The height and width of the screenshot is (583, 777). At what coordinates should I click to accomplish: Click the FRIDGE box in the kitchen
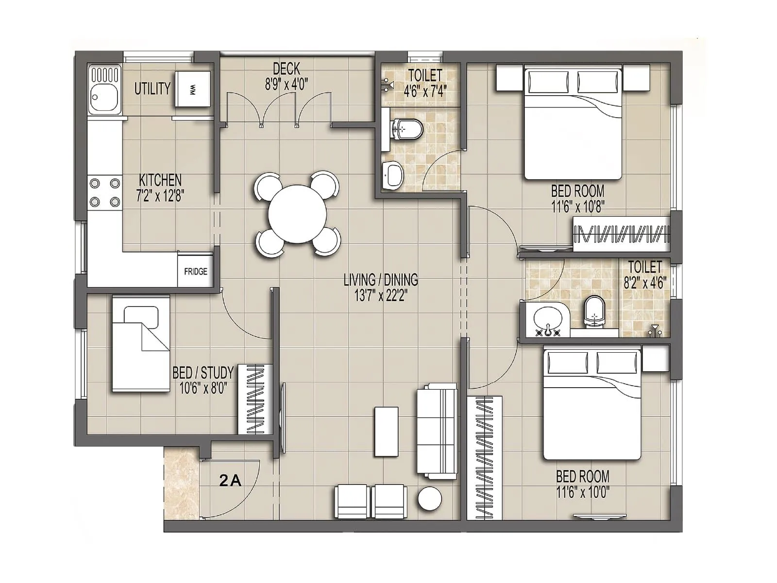click(195, 271)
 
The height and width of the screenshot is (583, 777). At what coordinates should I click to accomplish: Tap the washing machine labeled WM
click(193, 89)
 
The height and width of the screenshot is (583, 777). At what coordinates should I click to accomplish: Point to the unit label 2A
click(230, 481)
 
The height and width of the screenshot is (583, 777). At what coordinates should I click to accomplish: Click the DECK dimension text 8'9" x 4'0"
click(286, 85)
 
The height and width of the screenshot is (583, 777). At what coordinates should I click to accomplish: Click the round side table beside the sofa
click(430, 498)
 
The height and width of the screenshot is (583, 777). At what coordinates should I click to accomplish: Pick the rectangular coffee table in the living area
click(386, 431)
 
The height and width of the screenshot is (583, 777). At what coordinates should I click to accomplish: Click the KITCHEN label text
click(160, 180)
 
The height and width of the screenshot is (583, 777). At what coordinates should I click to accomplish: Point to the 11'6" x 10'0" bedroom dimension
click(583, 493)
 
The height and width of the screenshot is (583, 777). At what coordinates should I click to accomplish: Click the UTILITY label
click(152, 88)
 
